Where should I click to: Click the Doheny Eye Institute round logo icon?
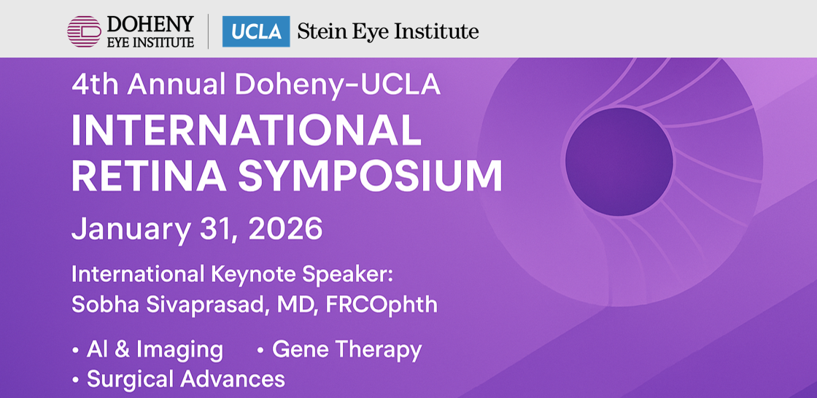[84, 31]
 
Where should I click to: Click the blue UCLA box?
[255, 31]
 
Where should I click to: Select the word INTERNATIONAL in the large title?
[247, 131]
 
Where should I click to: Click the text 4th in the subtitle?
[93, 85]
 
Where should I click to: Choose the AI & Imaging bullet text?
[155, 350]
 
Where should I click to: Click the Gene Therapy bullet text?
[346, 350]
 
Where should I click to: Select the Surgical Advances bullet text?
[185, 379]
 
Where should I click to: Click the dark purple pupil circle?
[619, 162]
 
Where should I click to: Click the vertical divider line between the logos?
[208, 31]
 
